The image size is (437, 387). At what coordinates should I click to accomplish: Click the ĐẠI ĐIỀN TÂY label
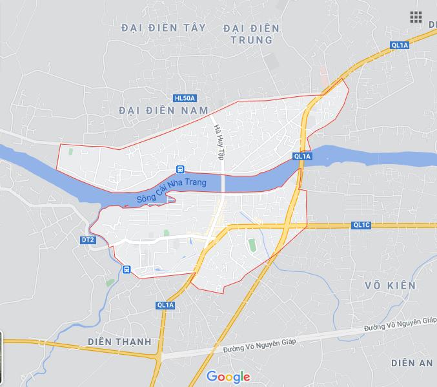click(x=163, y=27)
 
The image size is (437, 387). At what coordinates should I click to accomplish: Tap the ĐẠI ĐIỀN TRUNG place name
click(x=251, y=34)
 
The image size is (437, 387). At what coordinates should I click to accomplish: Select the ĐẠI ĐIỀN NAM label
click(x=164, y=110)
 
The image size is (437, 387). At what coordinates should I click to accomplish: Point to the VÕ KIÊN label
click(x=390, y=285)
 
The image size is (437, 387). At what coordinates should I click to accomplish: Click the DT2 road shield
click(x=88, y=240)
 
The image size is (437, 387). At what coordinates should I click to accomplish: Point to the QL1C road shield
click(x=361, y=225)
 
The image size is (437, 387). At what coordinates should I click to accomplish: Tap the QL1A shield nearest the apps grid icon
click(x=400, y=45)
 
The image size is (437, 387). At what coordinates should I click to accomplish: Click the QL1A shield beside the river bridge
click(x=302, y=156)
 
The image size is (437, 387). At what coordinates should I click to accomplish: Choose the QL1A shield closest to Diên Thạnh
click(x=165, y=305)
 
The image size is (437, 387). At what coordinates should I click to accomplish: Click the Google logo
click(x=228, y=377)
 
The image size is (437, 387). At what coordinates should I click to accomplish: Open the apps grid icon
click(x=416, y=17)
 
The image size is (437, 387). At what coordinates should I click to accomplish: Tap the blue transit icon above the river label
click(x=180, y=169)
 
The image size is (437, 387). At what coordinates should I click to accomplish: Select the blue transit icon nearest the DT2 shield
click(x=127, y=269)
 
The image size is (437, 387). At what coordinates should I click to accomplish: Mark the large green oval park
click(x=252, y=245)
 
